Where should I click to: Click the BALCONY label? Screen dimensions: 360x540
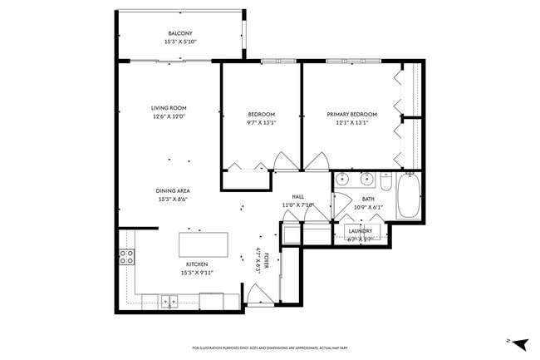(179, 33)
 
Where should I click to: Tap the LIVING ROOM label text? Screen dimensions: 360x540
(168, 108)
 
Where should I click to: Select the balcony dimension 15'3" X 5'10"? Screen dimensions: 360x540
(179, 42)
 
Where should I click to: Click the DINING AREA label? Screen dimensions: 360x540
(172, 190)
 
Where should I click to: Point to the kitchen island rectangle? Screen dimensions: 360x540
(204, 246)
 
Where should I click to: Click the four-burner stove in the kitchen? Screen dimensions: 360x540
(127, 257)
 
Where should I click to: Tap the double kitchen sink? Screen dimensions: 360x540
(170, 301)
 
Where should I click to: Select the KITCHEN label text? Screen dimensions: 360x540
(185, 264)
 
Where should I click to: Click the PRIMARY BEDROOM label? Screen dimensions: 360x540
(351, 114)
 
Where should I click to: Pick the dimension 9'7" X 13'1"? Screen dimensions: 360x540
(261, 122)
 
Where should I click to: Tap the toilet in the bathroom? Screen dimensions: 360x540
(385, 179)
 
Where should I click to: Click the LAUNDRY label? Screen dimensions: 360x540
(360, 231)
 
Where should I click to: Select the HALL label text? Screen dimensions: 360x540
(297, 197)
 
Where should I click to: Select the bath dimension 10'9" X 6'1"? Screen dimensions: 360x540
(368, 207)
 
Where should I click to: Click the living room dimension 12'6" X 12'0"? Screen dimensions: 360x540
(168, 116)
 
